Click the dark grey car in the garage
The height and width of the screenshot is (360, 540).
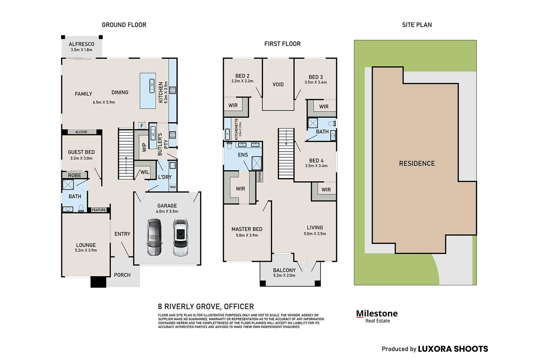tap(154, 237)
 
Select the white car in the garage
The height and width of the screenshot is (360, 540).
tap(181, 237)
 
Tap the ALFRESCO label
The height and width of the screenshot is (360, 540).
tap(81, 44)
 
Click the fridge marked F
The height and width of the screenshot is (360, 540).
tap(142, 126)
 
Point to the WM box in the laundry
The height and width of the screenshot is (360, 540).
tap(173, 187)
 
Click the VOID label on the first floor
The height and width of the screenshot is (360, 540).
tap(278, 84)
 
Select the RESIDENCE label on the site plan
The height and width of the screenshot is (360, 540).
tap(417, 163)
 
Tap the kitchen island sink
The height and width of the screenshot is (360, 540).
tap(152, 86)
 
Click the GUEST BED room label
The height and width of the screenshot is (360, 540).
tap(81, 152)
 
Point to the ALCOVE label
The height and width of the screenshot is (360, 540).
tap(81, 132)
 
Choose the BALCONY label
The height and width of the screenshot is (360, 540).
tap(284, 270)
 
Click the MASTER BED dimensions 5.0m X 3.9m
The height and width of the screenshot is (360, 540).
tap(247, 235)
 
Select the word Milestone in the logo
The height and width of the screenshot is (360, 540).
tap(377, 313)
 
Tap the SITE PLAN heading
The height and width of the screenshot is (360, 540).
tap(417, 25)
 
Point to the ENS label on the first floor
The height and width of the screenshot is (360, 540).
tap(243, 155)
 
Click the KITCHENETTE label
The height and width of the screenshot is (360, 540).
tap(236, 129)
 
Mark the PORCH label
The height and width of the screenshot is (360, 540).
tap(122, 275)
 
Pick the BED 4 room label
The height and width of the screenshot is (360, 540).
tap(316, 161)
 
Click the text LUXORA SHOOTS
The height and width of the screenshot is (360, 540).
tap(453, 349)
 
